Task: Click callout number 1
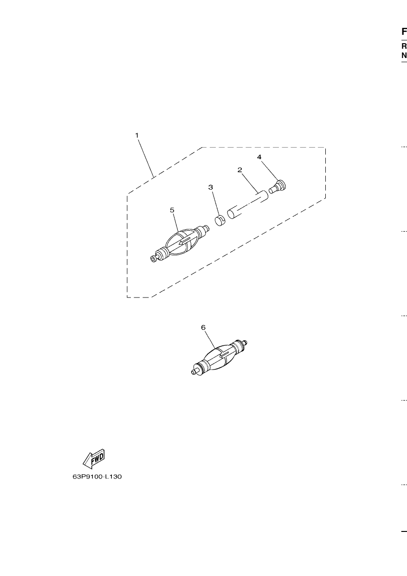pos(137,135)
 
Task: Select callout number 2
pos(239,170)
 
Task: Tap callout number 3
pos(211,188)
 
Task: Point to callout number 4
pos(259,157)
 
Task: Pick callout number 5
pos(172,210)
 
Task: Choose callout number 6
pos(203,327)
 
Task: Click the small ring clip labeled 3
pos(220,220)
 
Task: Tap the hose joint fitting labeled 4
pos(278,186)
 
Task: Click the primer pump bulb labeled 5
pos(180,243)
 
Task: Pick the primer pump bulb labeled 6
pos(220,357)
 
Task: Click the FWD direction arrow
pos(94,459)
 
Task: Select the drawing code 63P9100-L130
pos(97,477)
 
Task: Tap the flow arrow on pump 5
pos(185,241)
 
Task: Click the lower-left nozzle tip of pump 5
pos(153,259)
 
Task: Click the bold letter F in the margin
pos(404,32)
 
